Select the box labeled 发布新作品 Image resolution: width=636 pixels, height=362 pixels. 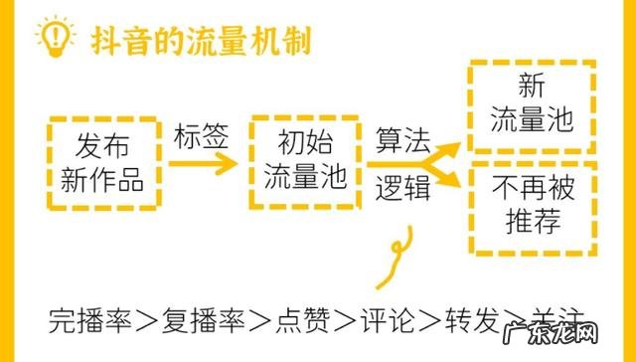click(102, 164)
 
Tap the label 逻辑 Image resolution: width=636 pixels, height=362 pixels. click(401, 187)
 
